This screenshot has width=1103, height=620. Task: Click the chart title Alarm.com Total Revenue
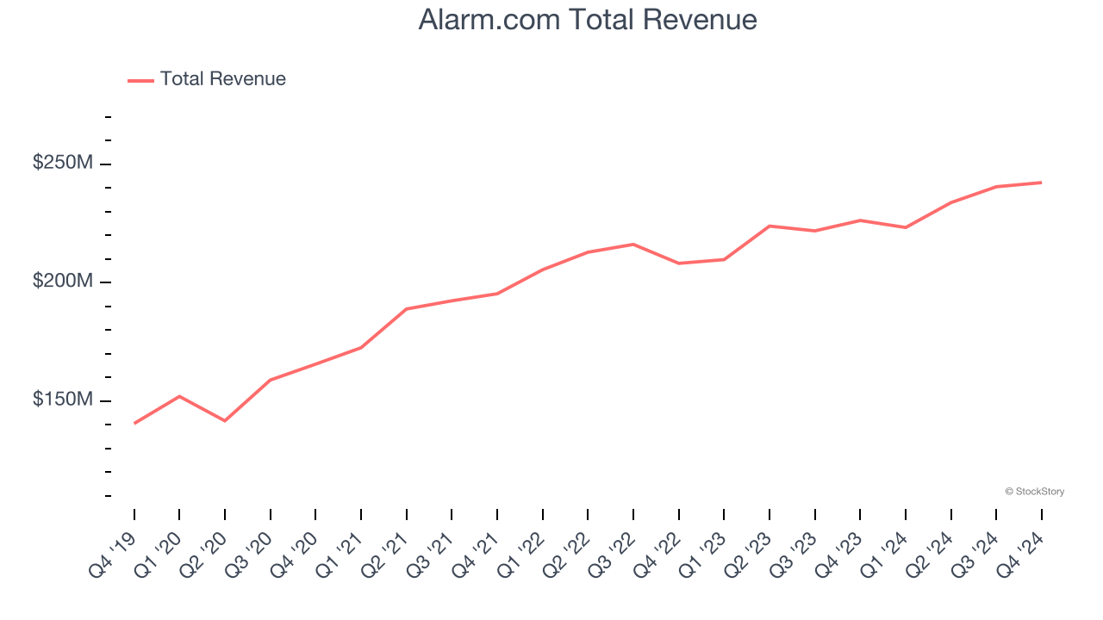pos(588,19)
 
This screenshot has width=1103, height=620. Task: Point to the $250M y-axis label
pos(62,162)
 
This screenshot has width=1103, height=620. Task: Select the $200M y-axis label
pos(62,281)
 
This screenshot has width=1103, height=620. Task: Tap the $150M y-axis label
pos(62,400)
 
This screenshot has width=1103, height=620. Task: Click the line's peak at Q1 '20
pos(179,396)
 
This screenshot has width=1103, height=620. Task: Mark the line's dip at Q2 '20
pos(225,420)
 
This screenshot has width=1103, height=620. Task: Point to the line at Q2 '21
pos(406,309)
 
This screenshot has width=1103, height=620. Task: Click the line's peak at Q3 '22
pos(633,245)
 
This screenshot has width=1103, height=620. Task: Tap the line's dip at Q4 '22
pos(679,263)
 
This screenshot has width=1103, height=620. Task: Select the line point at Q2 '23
pos(770,226)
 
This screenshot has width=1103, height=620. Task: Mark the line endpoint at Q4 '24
pos(1041,183)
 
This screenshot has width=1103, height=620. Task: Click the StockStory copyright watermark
pos(1034,492)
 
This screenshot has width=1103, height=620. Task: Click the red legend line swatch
pos(140,80)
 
